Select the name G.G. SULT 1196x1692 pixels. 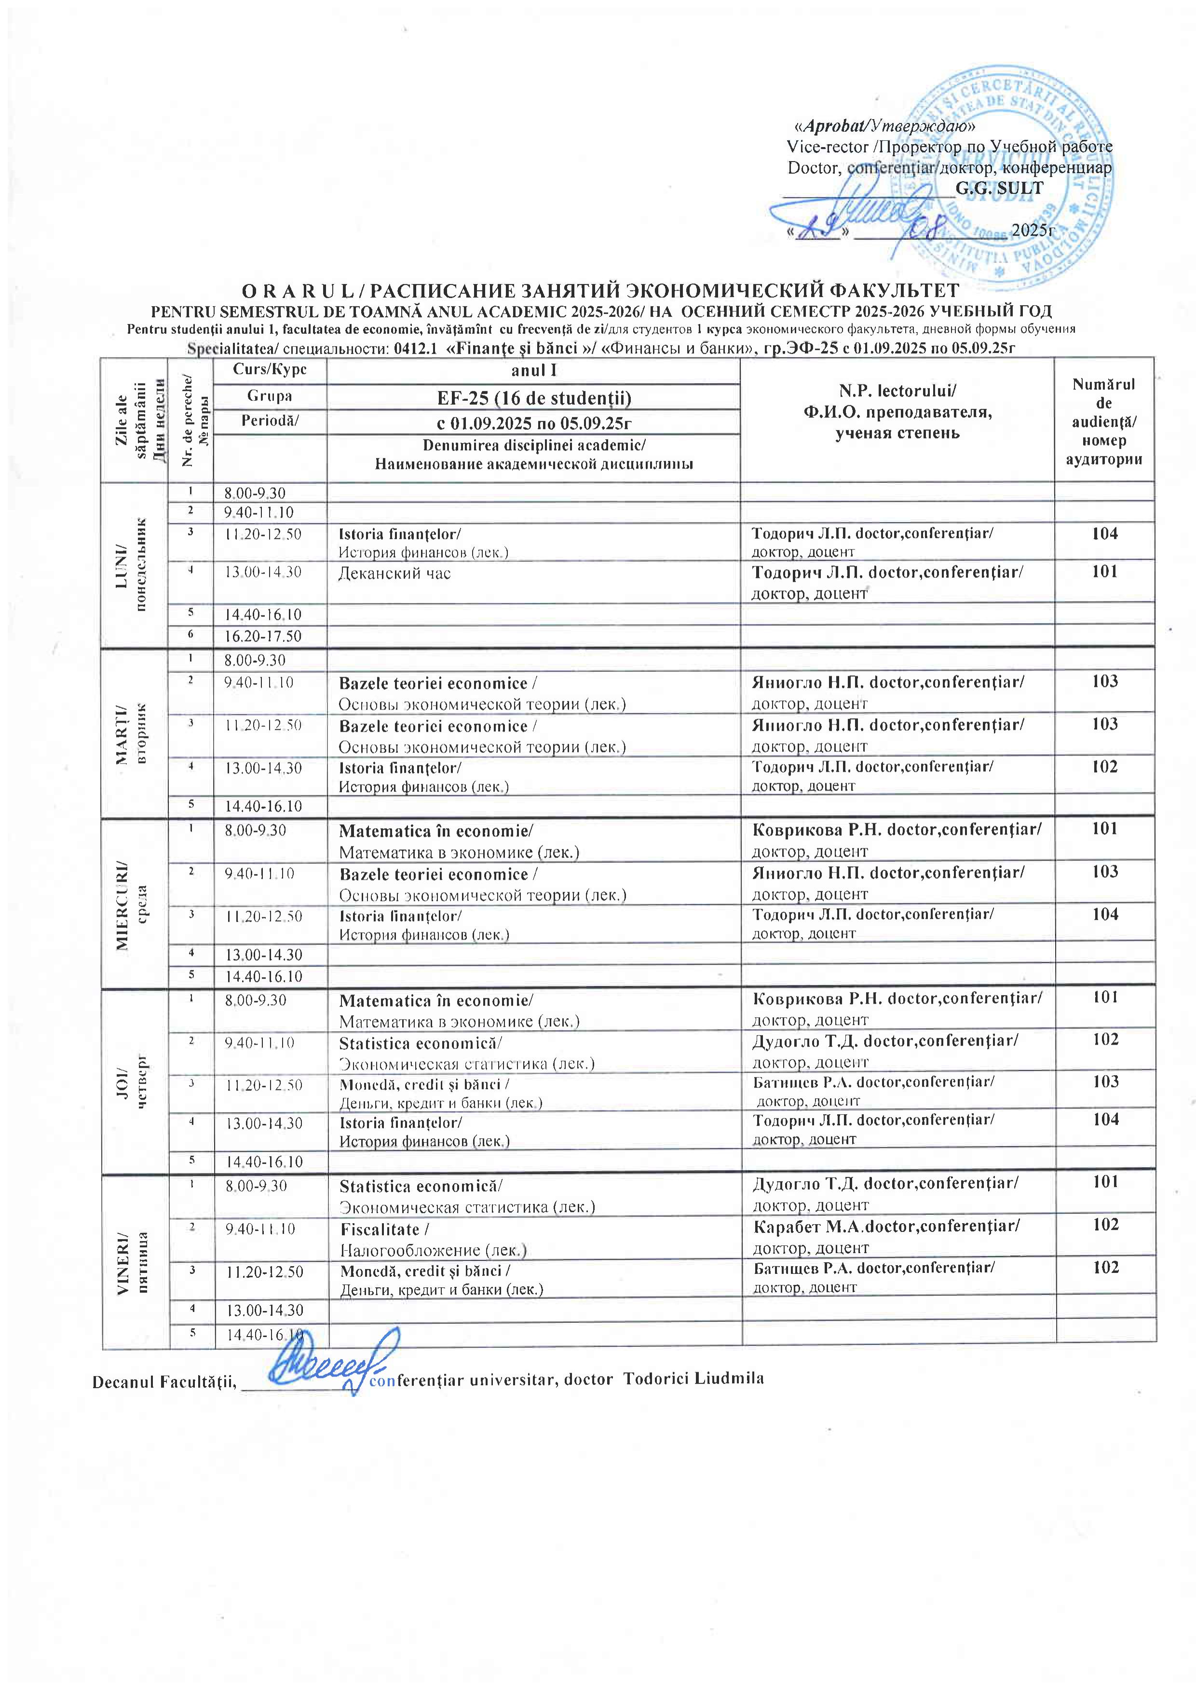[999, 188]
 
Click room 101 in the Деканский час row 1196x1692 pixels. [1104, 571]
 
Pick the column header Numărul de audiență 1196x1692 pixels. [1103, 422]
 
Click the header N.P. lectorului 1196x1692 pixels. [897, 391]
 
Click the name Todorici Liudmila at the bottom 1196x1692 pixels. [693, 1379]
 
